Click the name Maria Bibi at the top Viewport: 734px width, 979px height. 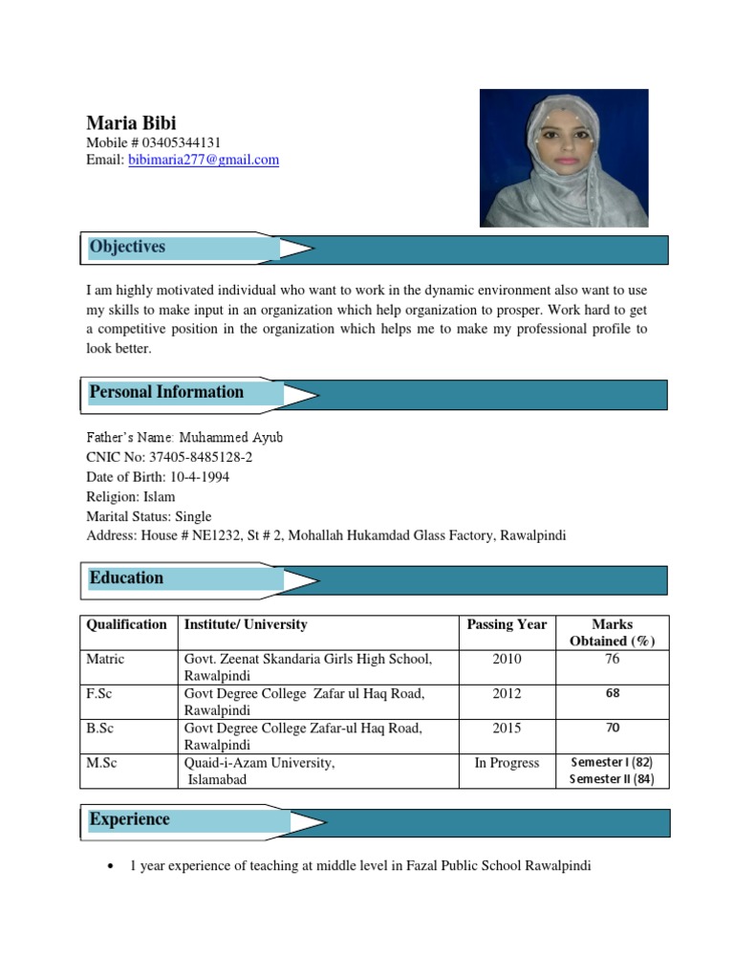tap(131, 122)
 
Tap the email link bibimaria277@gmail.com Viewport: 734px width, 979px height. tap(204, 161)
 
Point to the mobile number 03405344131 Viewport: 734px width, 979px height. tap(181, 142)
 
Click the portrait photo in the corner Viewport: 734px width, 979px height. tap(564, 158)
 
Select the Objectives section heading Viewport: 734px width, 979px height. tap(127, 247)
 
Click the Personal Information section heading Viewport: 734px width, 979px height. tap(166, 392)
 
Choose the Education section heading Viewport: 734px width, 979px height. tap(126, 577)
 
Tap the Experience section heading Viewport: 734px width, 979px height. tap(129, 819)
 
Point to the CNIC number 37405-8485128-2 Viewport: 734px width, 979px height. tap(201, 457)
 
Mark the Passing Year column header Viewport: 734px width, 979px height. tap(507, 625)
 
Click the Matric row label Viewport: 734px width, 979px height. tap(105, 660)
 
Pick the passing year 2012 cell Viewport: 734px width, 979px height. tap(507, 694)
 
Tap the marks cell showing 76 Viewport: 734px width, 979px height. tap(612, 660)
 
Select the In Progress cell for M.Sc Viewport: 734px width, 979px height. tap(507, 763)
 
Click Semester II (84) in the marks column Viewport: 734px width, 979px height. tap(612, 779)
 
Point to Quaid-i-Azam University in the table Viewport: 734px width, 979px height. tap(259, 763)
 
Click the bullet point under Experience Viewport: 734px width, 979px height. tap(112, 866)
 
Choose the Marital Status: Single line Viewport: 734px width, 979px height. tap(149, 516)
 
